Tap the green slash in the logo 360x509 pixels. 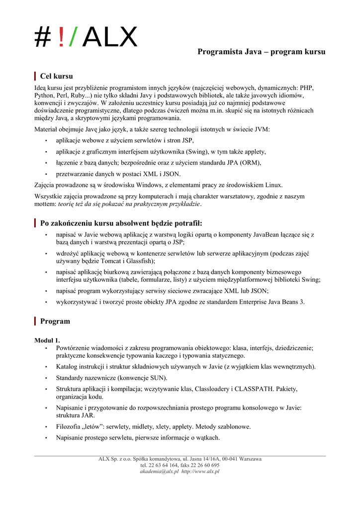click(73, 37)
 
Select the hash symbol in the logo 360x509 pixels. click(43, 37)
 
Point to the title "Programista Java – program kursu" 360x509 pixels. click(262, 52)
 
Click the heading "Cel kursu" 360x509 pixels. click(56, 76)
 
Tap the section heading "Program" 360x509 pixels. click(55, 321)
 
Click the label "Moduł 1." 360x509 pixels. click(47, 340)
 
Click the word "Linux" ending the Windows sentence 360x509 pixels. click(274, 185)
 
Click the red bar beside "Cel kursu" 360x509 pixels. click(35, 76)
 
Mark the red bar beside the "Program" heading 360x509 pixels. click(35, 321)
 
